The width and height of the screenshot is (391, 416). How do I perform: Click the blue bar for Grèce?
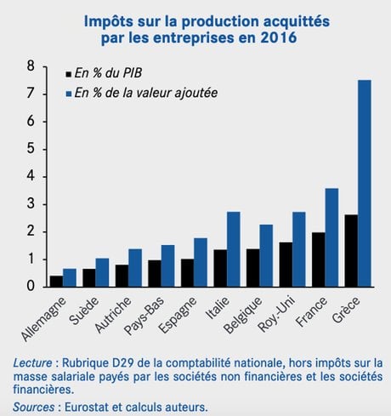pyautogui.click(x=365, y=184)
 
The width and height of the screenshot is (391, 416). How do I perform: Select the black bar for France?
pyautogui.click(x=319, y=259)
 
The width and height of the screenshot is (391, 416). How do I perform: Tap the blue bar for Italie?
pyautogui.click(x=234, y=249)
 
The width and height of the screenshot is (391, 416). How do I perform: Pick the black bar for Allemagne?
pyautogui.click(x=56, y=282)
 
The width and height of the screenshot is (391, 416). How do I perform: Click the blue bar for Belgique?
pyautogui.click(x=266, y=256)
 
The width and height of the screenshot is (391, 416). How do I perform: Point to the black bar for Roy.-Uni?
pyautogui.click(x=286, y=265)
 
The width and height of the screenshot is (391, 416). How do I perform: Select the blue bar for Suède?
pyautogui.click(x=102, y=272)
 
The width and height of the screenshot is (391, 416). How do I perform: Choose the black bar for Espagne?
pyautogui.click(x=188, y=273)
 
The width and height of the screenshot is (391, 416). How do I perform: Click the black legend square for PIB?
pyautogui.click(x=68, y=74)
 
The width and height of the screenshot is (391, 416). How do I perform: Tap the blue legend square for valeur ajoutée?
pyautogui.click(x=68, y=94)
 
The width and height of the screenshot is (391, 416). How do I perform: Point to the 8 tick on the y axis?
pyautogui.click(x=44, y=66)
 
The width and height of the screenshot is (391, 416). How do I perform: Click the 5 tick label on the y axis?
pyautogui.click(x=31, y=149)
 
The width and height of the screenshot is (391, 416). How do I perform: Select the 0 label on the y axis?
pyautogui.click(x=31, y=287)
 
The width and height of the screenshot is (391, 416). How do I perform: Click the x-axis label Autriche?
pyautogui.click(x=113, y=315)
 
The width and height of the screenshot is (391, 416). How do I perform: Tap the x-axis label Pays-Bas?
pyautogui.click(x=144, y=316)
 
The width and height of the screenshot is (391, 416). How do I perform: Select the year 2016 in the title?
pyautogui.click(x=279, y=38)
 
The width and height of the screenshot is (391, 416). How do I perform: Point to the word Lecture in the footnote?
pyautogui.click(x=32, y=363)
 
